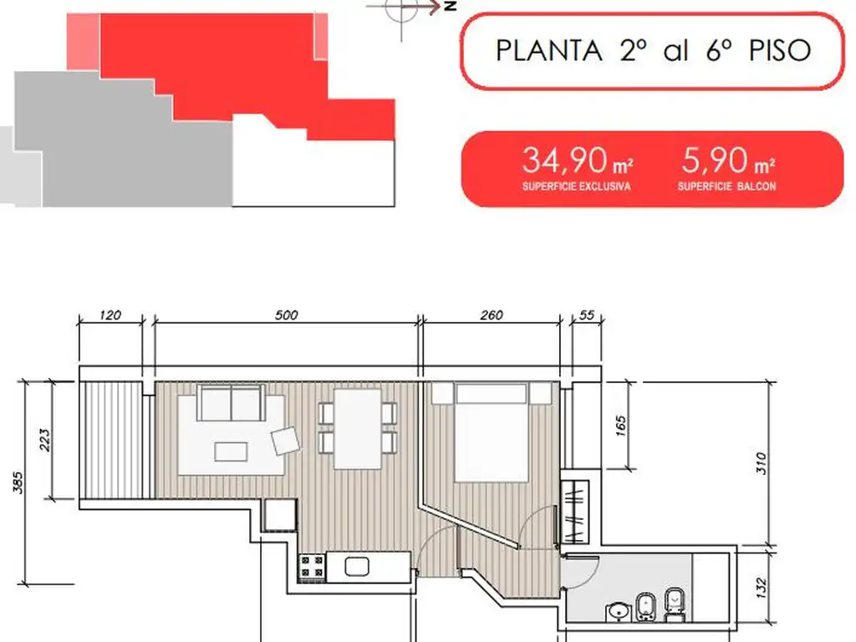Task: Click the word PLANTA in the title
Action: pyautogui.click(x=549, y=51)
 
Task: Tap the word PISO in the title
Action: pyautogui.click(x=780, y=51)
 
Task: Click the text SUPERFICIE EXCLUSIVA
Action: pyautogui.click(x=577, y=186)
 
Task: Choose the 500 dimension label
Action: pyautogui.click(x=287, y=315)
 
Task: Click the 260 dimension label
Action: pyautogui.click(x=492, y=315)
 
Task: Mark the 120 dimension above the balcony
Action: pyautogui.click(x=110, y=315)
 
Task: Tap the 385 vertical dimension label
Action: pyautogui.click(x=18, y=482)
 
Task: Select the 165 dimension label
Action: pyautogui.click(x=621, y=426)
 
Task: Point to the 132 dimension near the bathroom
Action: pyautogui.click(x=762, y=588)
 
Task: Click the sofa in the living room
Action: pyautogui.click(x=232, y=402)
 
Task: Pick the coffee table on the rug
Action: pyautogui.click(x=231, y=451)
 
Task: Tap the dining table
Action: pyautogui.click(x=358, y=429)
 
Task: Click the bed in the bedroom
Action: pyautogui.click(x=492, y=432)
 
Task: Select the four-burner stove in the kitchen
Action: pyautogui.click(x=313, y=567)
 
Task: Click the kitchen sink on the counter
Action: pyautogui.click(x=356, y=567)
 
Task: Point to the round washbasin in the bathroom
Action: pyautogui.click(x=618, y=612)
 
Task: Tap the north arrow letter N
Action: pyautogui.click(x=451, y=6)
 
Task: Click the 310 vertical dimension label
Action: pyautogui.click(x=762, y=463)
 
